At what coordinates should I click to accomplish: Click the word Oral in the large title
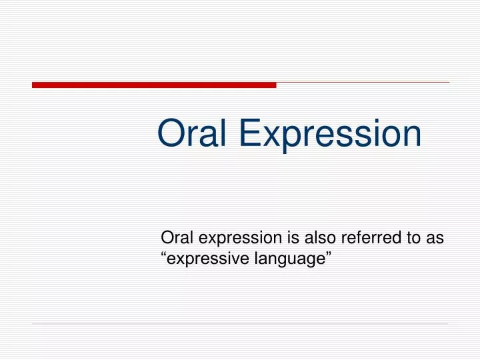[194, 133]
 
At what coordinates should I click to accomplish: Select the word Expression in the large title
[330, 133]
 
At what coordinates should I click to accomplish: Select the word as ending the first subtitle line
[435, 239]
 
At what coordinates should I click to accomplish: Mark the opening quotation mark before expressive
[165, 255]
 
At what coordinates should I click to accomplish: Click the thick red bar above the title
[153, 85]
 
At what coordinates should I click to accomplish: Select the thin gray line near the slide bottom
[240, 325]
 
